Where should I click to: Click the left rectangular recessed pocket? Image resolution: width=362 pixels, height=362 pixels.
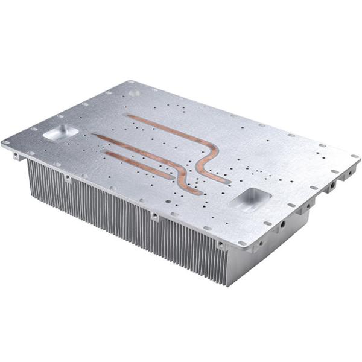pos(60,133)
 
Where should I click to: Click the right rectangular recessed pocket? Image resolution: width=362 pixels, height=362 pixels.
pos(250,198)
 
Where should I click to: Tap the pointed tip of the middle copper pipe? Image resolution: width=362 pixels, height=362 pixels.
pos(94,136)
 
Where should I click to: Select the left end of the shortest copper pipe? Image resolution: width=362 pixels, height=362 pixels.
pos(104,151)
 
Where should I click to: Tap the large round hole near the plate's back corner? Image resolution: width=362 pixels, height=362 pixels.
pos(134,93)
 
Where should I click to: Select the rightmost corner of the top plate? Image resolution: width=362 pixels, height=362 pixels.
pos(360,158)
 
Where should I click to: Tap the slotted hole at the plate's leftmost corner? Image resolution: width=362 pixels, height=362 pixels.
pos(7,142)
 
